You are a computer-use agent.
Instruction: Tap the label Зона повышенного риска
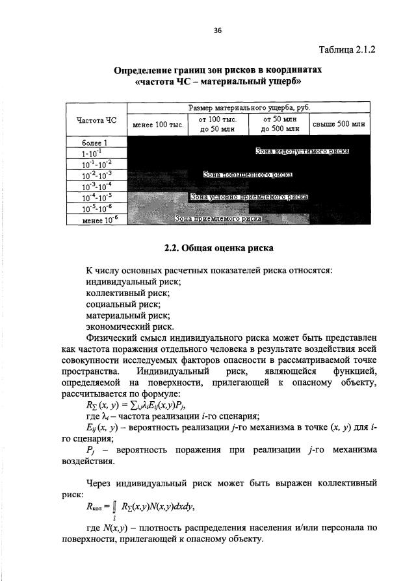click(248, 174)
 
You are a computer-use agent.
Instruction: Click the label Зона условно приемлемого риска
click(249, 196)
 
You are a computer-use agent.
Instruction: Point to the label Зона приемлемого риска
click(218, 219)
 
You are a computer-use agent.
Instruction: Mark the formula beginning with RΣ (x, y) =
click(131, 406)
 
